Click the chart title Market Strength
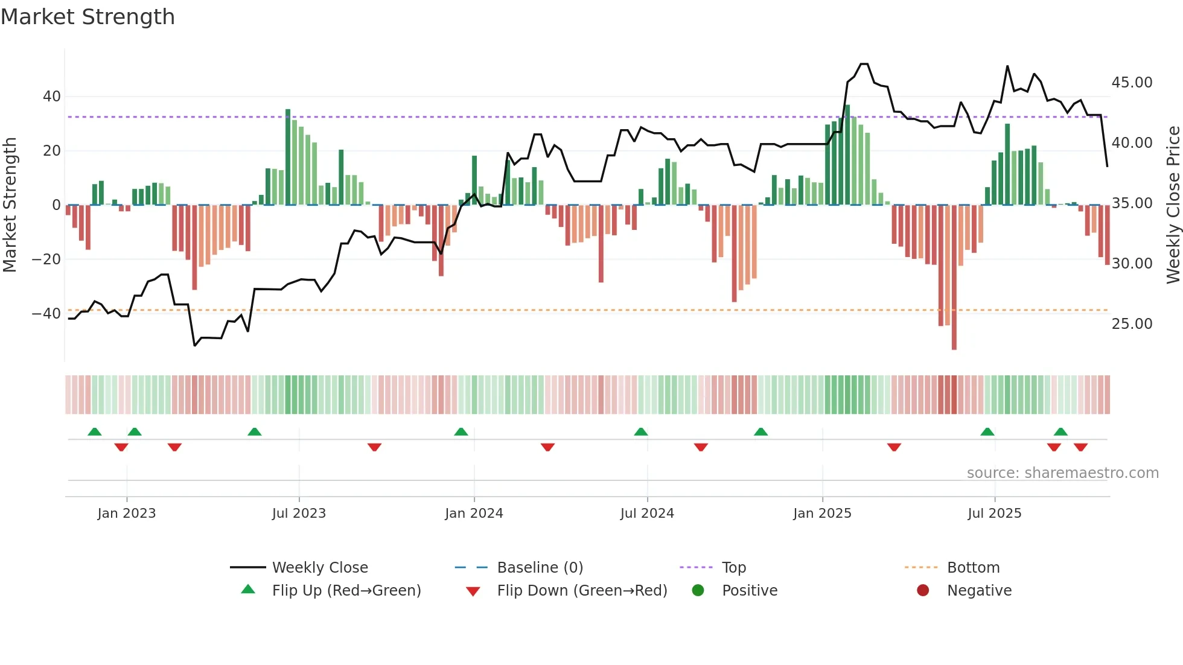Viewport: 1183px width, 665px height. tap(88, 17)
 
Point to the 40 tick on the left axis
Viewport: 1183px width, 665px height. tap(52, 97)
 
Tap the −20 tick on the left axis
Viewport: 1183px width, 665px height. tap(46, 259)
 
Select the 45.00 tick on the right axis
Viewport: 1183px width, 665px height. tap(1132, 83)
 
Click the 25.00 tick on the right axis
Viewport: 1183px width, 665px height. tap(1132, 324)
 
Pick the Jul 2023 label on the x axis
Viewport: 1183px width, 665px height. tap(299, 514)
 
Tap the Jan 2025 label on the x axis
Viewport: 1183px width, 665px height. tap(822, 514)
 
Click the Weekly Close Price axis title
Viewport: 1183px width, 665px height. tap(1173, 205)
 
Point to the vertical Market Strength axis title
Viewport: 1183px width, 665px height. tap(10, 205)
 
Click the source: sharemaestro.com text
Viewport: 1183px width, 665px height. tap(1062, 473)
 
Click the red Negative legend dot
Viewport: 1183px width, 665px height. tap(923, 591)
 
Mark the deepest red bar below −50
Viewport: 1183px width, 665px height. tap(954, 278)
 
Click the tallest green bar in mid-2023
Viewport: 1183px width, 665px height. tap(288, 157)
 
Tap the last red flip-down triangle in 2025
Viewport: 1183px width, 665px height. tap(1080, 447)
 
